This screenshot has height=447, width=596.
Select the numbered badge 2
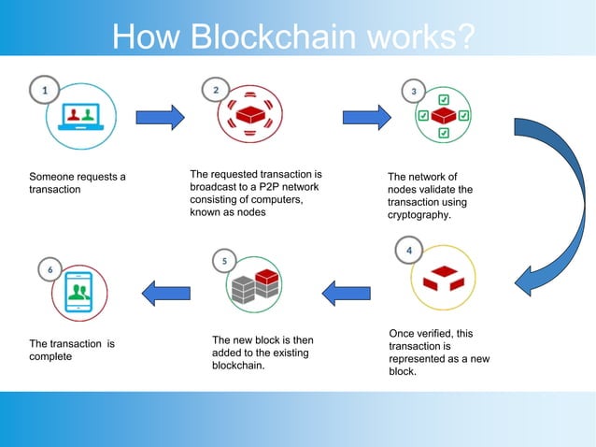click(x=216, y=90)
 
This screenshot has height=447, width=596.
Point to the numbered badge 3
click(x=414, y=92)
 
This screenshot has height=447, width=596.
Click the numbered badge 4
click(x=407, y=251)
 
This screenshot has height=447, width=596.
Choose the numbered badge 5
click(x=224, y=261)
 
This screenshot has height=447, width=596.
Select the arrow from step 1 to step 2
click(x=161, y=117)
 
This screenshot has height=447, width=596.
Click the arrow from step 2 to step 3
click(x=366, y=117)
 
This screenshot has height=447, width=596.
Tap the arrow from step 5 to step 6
click(x=164, y=293)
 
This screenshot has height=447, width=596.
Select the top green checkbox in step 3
click(x=443, y=99)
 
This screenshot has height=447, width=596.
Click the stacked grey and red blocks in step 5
click(x=255, y=284)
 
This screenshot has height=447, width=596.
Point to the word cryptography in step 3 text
click(x=419, y=215)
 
